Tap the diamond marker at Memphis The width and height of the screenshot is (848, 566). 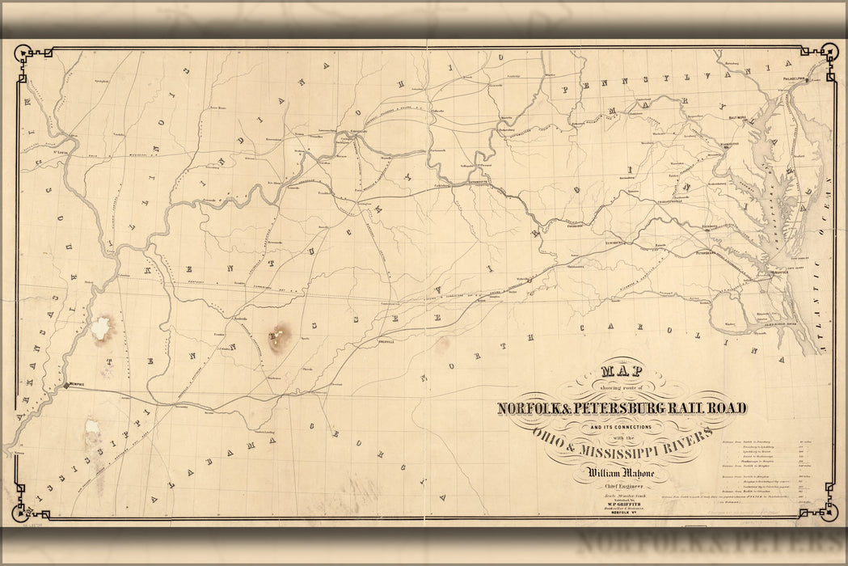[x=66, y=387]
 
